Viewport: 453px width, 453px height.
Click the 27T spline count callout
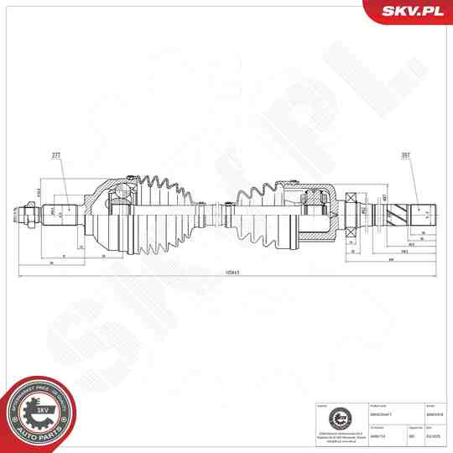[57, 156]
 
